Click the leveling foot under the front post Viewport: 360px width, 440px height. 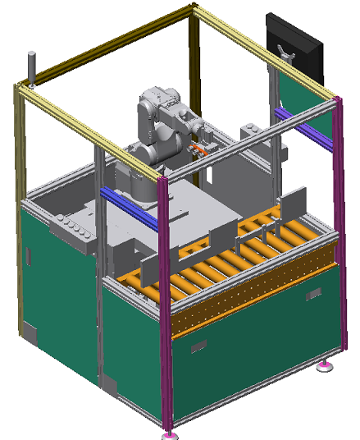point(170,433)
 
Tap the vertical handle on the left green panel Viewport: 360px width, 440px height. point(27,255)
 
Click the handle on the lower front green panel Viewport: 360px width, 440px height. point(198,348)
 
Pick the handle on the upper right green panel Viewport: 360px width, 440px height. point(313,293)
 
